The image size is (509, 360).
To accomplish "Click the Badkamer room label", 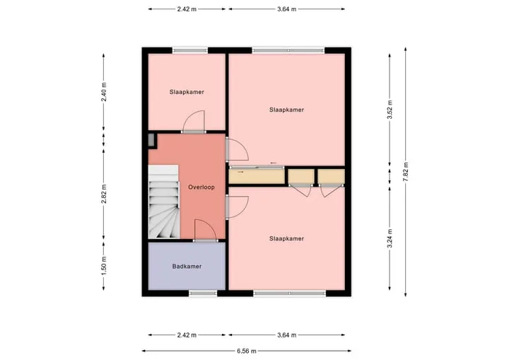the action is [x=187, y=267].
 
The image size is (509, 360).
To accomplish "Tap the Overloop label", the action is [x=201, y=187].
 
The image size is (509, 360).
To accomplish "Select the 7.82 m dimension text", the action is [x=406, y=172].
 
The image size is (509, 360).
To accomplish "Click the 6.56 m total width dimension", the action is [x=247, y=351].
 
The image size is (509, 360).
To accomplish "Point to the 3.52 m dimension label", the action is [x=390, y=110].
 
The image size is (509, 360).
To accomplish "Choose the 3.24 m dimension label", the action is [x=390, y=238].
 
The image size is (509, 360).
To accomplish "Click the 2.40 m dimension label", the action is [x=104, y=92].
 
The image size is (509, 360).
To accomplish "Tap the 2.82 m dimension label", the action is [x=104, y=194].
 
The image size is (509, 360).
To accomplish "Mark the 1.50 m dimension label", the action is [x=104, y=265].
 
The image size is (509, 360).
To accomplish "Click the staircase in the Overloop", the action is [x=164, y=202].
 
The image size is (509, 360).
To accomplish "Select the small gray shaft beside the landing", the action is [x=151, y=140].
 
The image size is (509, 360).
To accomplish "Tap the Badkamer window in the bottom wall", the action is [x=203, y=294].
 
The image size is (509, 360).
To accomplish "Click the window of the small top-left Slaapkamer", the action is [x=190, y=50].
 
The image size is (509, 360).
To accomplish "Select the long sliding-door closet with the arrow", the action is [x=257, y=176].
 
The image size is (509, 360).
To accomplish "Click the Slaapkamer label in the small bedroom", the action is [x=187, y=92].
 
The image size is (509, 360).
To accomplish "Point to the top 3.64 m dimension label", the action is [x=286, y=9].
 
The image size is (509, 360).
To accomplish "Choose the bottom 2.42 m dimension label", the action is [x=187, y=335].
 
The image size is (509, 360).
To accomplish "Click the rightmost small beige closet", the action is [x=331, y=176].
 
